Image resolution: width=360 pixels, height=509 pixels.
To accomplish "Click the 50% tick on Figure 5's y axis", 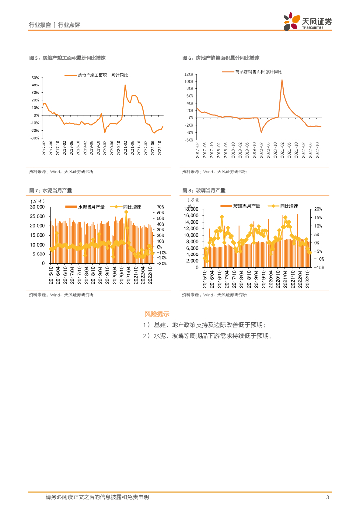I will (x=35, y=78).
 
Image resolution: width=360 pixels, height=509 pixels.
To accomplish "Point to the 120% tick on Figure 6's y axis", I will (x=188, y=73).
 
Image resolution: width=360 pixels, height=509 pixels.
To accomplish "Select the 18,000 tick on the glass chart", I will (x=191, y=209).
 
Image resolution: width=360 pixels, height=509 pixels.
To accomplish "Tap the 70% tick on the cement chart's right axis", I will (x=161, y=207).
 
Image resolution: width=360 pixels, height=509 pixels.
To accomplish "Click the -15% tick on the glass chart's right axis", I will (x=318, y=267).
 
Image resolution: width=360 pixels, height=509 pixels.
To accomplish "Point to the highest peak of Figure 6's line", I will (x=282, y=80).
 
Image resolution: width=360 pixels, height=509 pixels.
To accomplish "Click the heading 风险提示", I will (x=157, y=314).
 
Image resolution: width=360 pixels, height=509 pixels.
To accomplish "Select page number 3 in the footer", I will (x=327, y=498).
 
